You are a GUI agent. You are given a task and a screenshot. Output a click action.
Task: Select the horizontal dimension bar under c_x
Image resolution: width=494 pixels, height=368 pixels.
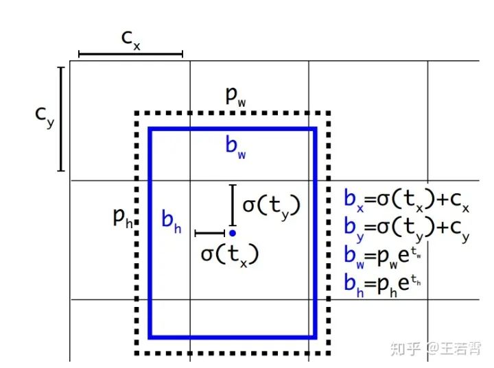pos(130,53)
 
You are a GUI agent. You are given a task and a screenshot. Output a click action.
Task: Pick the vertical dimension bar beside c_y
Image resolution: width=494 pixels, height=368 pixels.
pos(61,118)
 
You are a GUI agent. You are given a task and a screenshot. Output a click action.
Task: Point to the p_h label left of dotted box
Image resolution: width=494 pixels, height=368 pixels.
pos(123,219)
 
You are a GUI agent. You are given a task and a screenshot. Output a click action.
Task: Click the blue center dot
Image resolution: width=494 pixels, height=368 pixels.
pos(233,233)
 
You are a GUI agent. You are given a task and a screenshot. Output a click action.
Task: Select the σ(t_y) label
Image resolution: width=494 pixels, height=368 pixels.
pos(272,204)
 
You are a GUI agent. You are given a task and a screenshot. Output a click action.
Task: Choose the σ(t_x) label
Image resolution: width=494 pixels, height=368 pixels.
pos(229,254)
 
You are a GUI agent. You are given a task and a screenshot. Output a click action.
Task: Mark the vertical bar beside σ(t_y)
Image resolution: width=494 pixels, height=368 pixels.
pos(233,204)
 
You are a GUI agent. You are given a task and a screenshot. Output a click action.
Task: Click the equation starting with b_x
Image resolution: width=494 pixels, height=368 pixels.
pos(406,200)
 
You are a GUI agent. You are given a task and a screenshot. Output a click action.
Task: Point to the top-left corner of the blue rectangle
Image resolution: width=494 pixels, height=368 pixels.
pos(150,129)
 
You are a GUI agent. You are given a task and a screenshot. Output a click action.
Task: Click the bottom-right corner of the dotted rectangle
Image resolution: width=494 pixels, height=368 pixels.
pos(329,353)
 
